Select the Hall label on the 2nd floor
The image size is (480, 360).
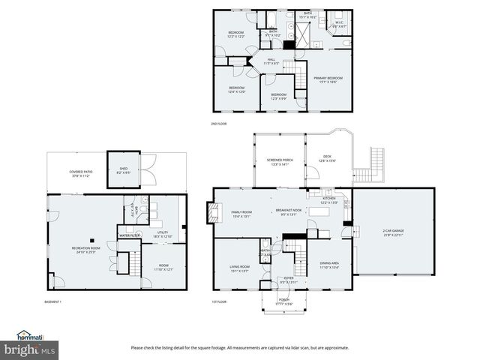click(x=271, y=61)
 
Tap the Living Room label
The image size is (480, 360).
click(x=239, y=268)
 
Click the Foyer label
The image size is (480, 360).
click(x=288, y=279)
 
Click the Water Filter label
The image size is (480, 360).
click(x=130, y=235)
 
